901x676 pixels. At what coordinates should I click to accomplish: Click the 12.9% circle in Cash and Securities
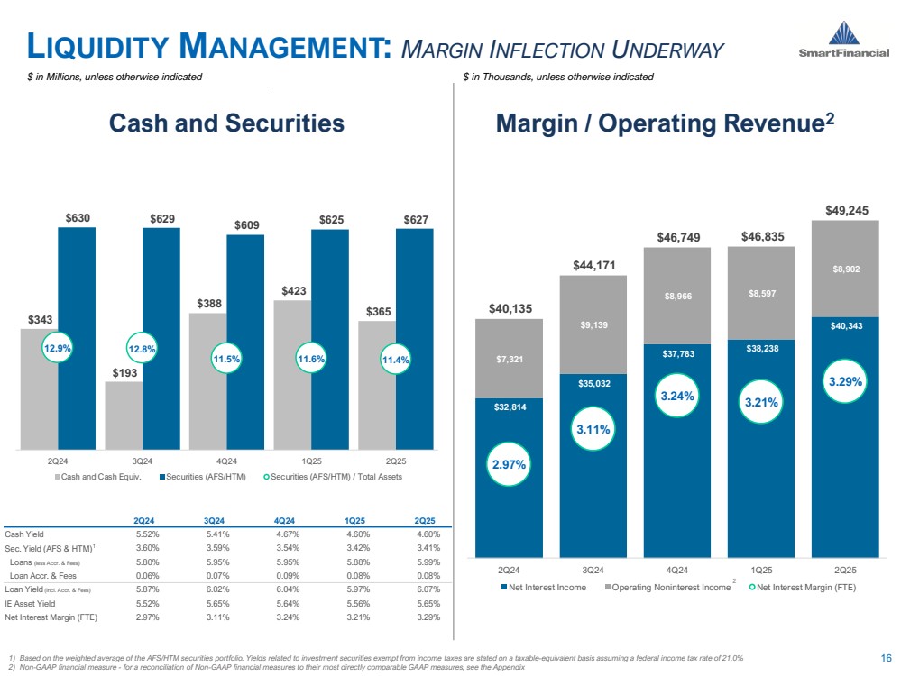tap(57, 347)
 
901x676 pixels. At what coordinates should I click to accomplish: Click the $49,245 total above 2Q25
tap(846, 210)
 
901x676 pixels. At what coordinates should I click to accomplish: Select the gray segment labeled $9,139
tap(593, 324)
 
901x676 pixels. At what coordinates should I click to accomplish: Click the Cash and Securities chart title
tap(226, 123)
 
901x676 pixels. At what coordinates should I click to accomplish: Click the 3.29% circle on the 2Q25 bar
tap(845, 381)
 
